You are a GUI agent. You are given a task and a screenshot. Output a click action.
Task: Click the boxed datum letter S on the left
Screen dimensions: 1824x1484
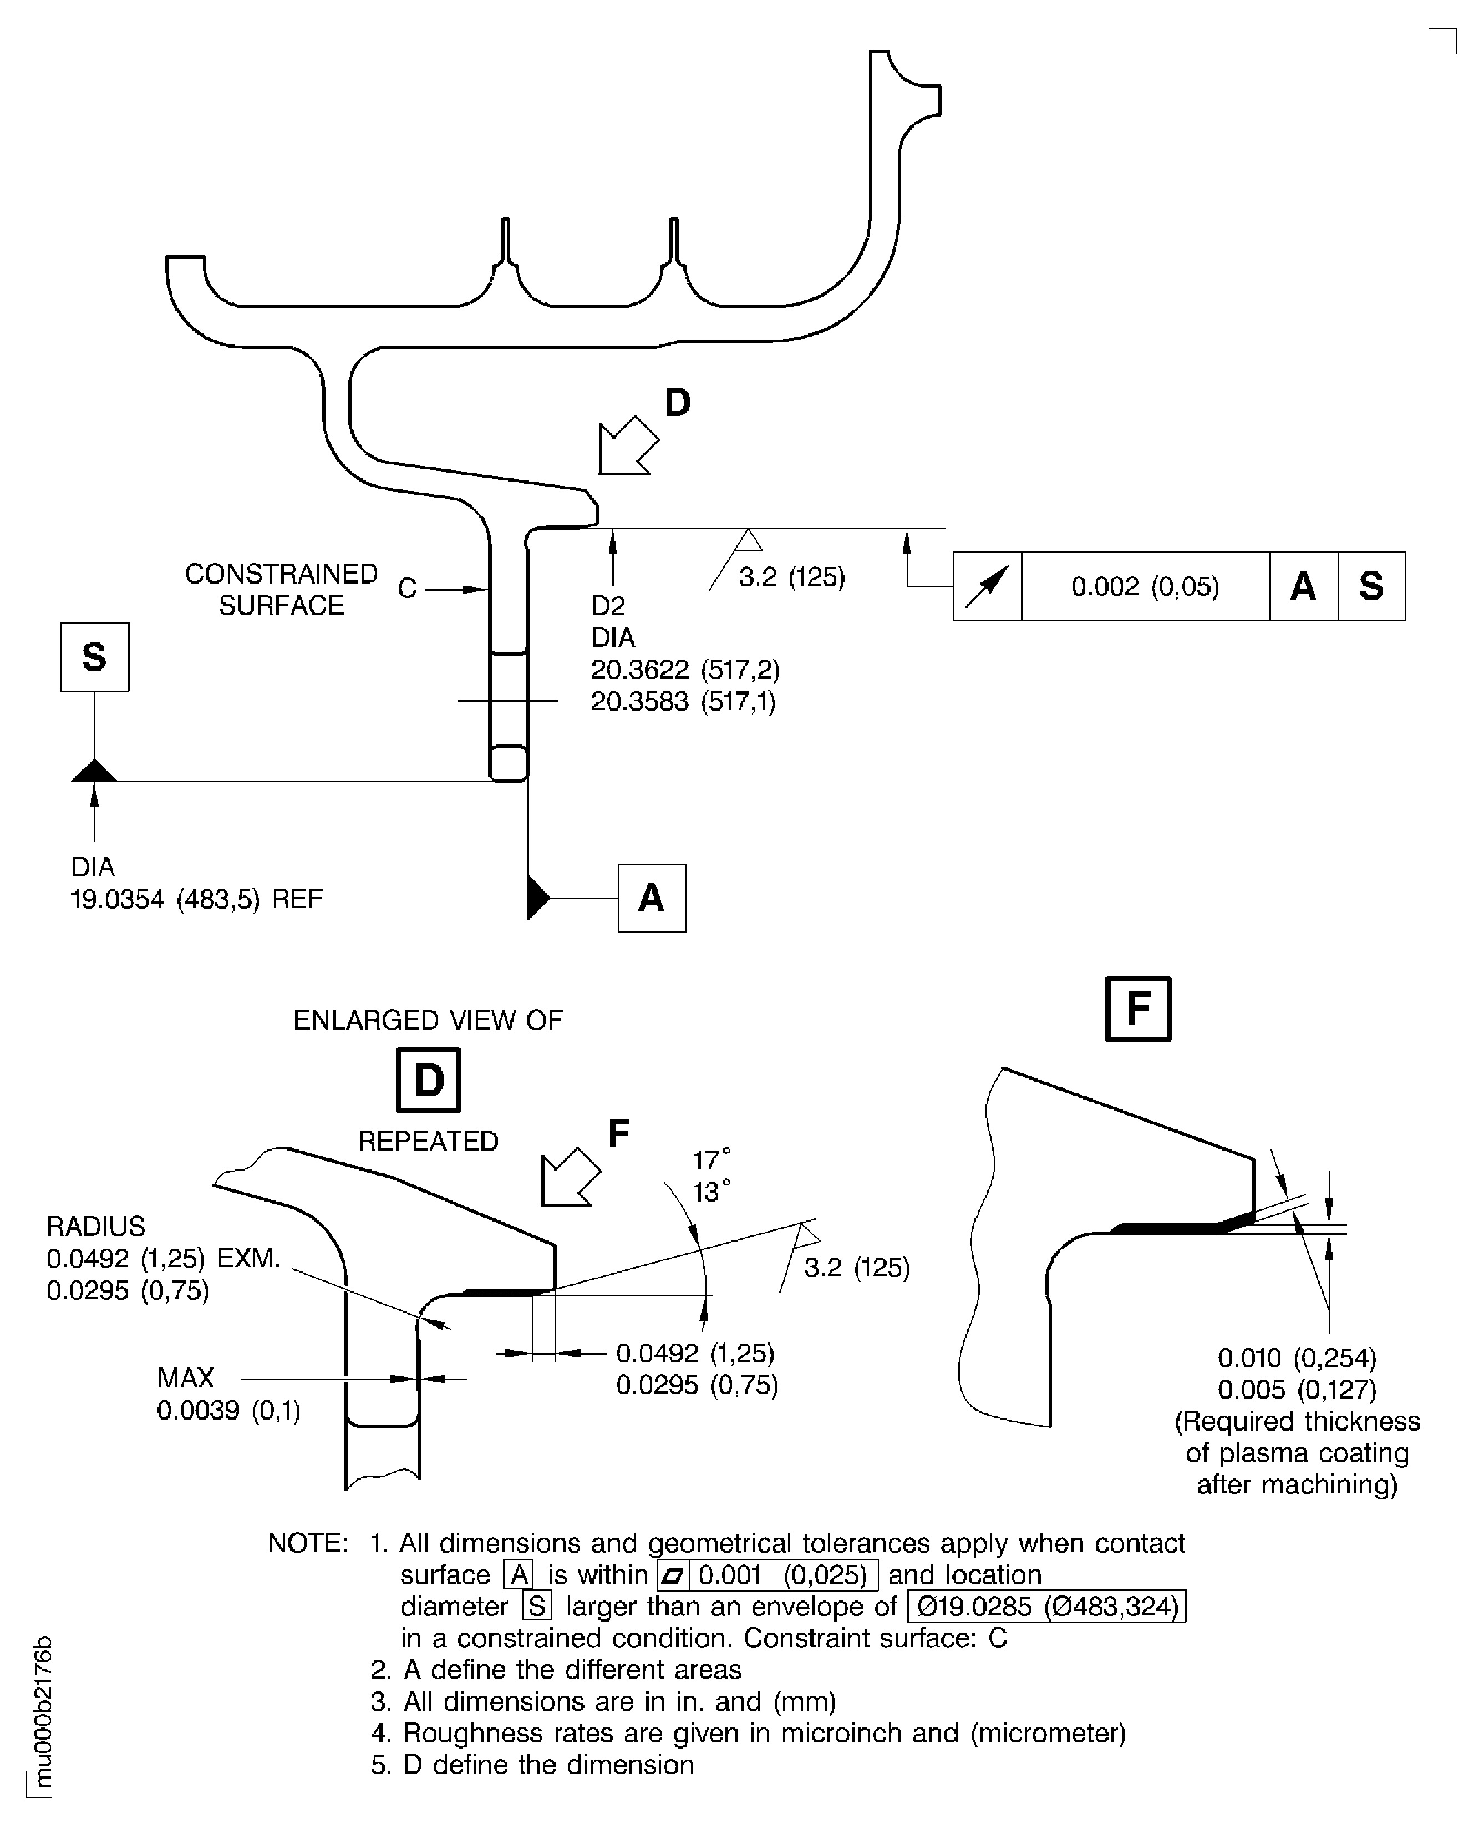pyautogui.click(x=94, y=657)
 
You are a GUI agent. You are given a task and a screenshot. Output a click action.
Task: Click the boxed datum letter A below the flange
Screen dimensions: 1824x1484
pyautogui.click(x=652, y=898)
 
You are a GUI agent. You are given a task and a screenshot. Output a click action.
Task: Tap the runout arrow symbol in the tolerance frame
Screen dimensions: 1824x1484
pyautogui.click(x=987, y=586)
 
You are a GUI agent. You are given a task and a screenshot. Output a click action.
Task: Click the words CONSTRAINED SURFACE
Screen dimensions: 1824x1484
pyautogui.click(x=281, y=589)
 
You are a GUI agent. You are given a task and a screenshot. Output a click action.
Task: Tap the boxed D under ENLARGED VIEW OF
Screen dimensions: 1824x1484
pyautogui.click(x=428, y=1081)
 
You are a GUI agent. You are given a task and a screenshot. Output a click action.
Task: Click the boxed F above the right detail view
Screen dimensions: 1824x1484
pyautogui.click(x=1138, y=1009)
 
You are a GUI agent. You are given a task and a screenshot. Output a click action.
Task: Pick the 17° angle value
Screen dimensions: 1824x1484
pyautogui.click(x=711, y=1161)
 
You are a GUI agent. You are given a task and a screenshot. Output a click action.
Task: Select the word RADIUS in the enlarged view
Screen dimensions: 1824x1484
pyautogui.click(x=96, y=1226)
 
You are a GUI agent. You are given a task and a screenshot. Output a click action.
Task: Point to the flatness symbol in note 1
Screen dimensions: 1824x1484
pyautogui.click(x=673, y=1575)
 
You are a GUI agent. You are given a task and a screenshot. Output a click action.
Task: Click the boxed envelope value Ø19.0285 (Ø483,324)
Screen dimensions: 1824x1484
pyautogui.click(x=1046, y=1607)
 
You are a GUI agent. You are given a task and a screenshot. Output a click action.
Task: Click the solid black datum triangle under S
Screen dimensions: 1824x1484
pyautogui.click(x=94, y=771)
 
